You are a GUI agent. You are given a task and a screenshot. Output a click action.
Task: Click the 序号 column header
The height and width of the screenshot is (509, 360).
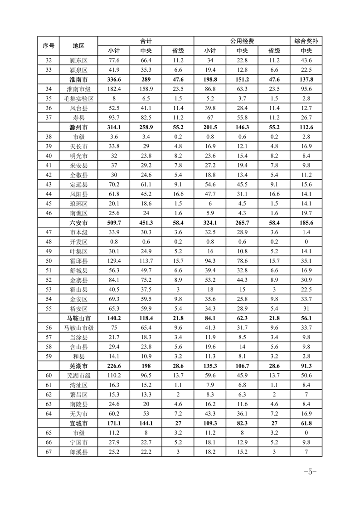[x=49, y=46]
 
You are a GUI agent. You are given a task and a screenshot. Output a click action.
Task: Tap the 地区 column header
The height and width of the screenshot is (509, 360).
[x=78, y=46]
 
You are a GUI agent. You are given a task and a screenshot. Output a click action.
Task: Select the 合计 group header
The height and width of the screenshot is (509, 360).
[x=146, y=41]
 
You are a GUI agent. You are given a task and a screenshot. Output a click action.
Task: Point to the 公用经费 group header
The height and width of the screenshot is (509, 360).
[x=242, y=41]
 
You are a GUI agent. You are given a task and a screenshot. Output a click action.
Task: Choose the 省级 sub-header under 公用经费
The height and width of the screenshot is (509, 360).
[x=274, y=51]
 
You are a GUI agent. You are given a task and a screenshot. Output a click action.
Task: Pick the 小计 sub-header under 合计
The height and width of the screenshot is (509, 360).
[x=113, y=51]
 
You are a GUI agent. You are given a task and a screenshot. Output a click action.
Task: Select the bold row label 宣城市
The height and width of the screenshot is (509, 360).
[x=78, y=422]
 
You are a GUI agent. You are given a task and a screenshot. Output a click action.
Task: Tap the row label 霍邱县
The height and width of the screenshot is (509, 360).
[x=78, y=260]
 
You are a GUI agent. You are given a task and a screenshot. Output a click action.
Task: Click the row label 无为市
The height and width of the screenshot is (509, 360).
[x=78, y=413]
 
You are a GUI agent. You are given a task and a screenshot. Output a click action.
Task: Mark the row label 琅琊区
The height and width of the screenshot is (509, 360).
[x=78, y=203]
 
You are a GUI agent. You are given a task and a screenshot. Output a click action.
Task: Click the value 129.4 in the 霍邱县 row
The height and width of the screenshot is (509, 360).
[x=113, y=260]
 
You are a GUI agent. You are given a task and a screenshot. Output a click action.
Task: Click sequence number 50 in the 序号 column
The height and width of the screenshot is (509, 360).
[x=49, y=260]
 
